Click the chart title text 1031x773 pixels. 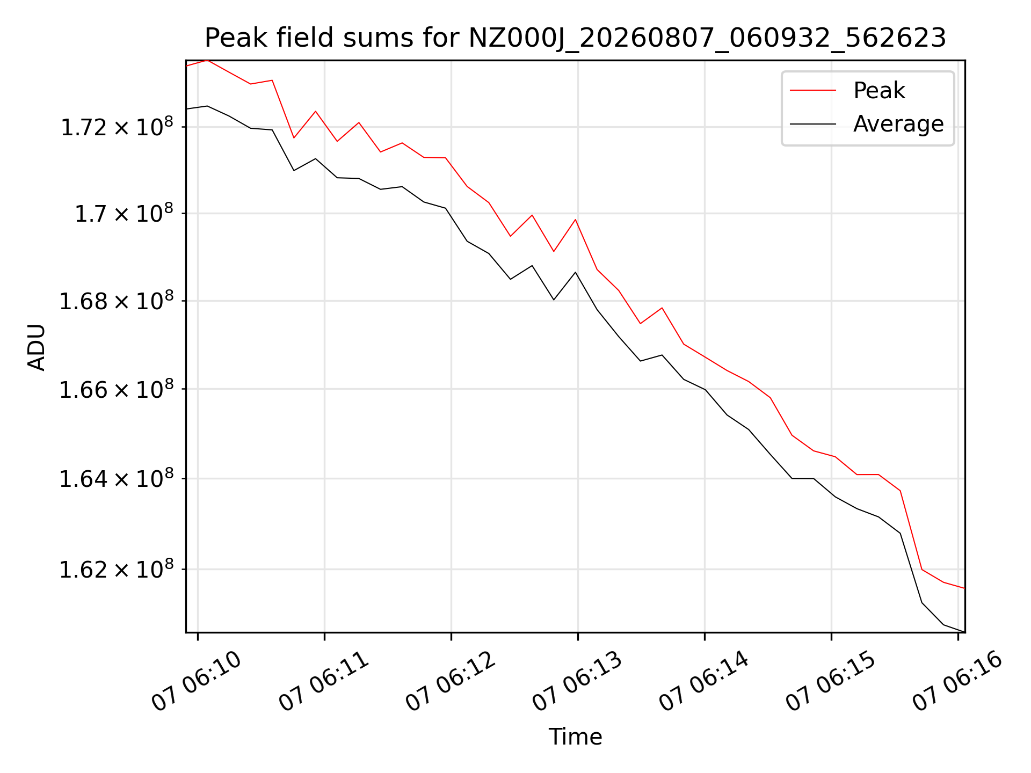pos(575,38)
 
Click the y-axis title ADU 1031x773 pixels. pos(37,347)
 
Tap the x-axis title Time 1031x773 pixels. pos(575,736)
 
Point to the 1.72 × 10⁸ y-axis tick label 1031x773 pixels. pos(117,127)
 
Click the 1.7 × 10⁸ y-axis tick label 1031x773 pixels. pos(124,213)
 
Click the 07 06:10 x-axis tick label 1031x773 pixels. pos(197,681)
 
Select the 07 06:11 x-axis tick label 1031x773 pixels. pos(324,681)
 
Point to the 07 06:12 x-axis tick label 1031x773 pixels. pos(451,681)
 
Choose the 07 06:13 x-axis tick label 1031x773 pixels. pos(577,681)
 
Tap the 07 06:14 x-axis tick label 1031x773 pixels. pos(704,681)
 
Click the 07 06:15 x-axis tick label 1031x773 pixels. pos(831,681)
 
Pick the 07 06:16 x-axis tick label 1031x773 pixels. pos(957,681)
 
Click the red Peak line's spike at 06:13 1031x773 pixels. pos(576,220)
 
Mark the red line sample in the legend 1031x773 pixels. pos(813,90)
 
